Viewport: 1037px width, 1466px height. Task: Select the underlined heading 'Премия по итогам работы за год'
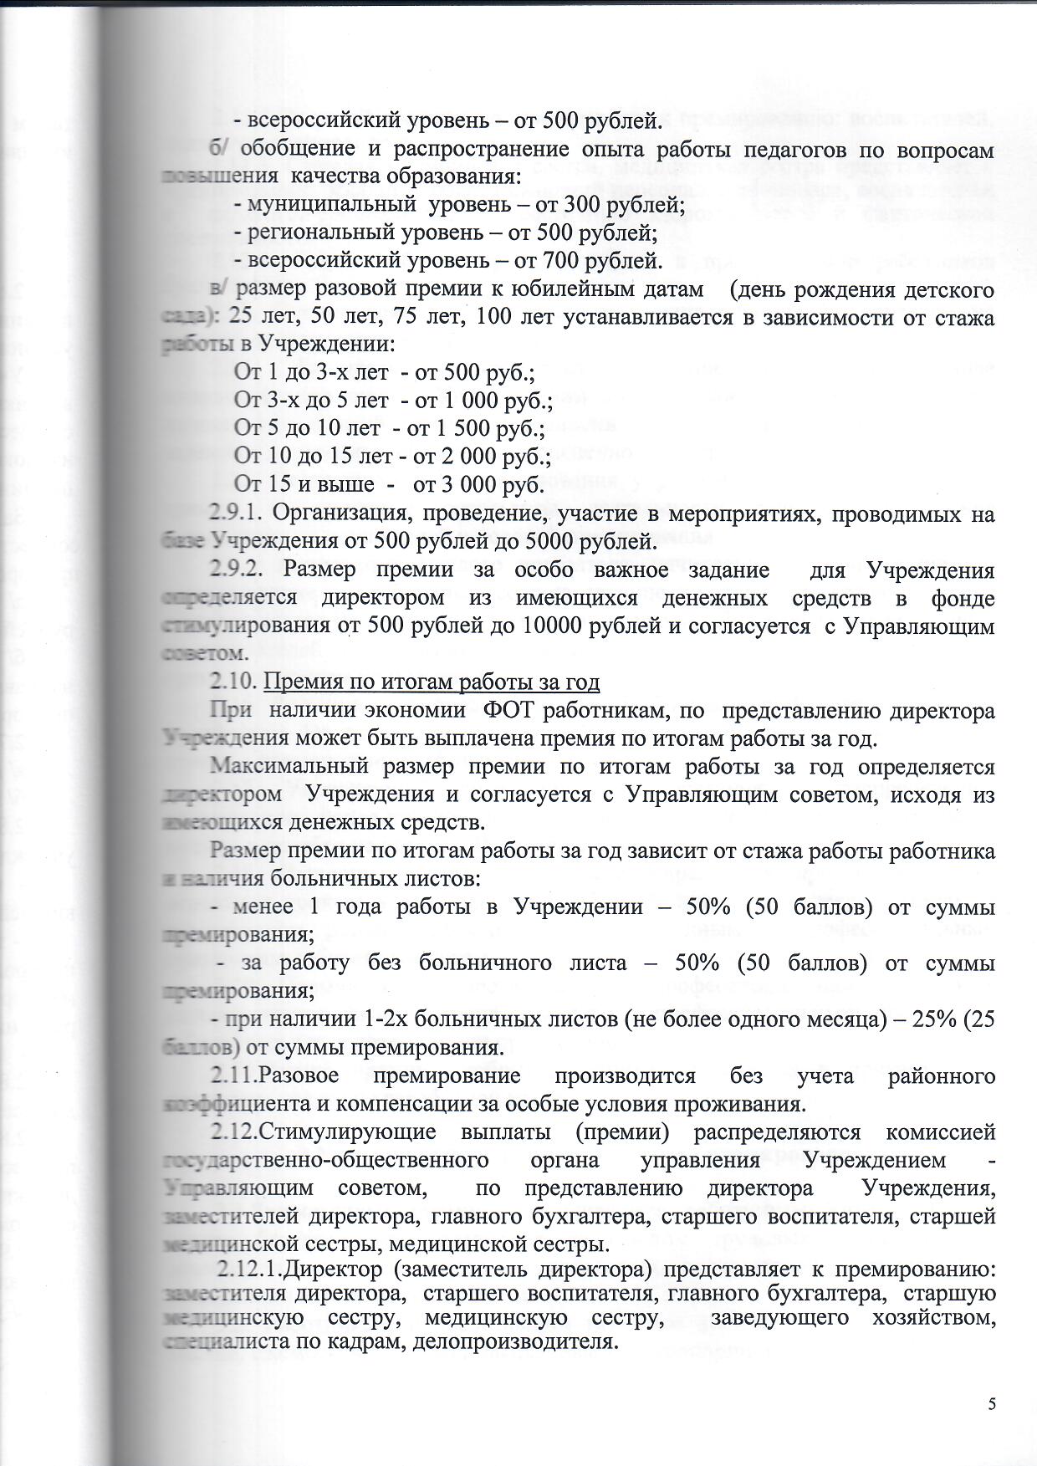coord(432,682)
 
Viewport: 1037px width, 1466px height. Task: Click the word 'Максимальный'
coord(289,767)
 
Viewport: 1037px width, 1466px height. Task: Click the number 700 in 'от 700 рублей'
coord(569,260)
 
